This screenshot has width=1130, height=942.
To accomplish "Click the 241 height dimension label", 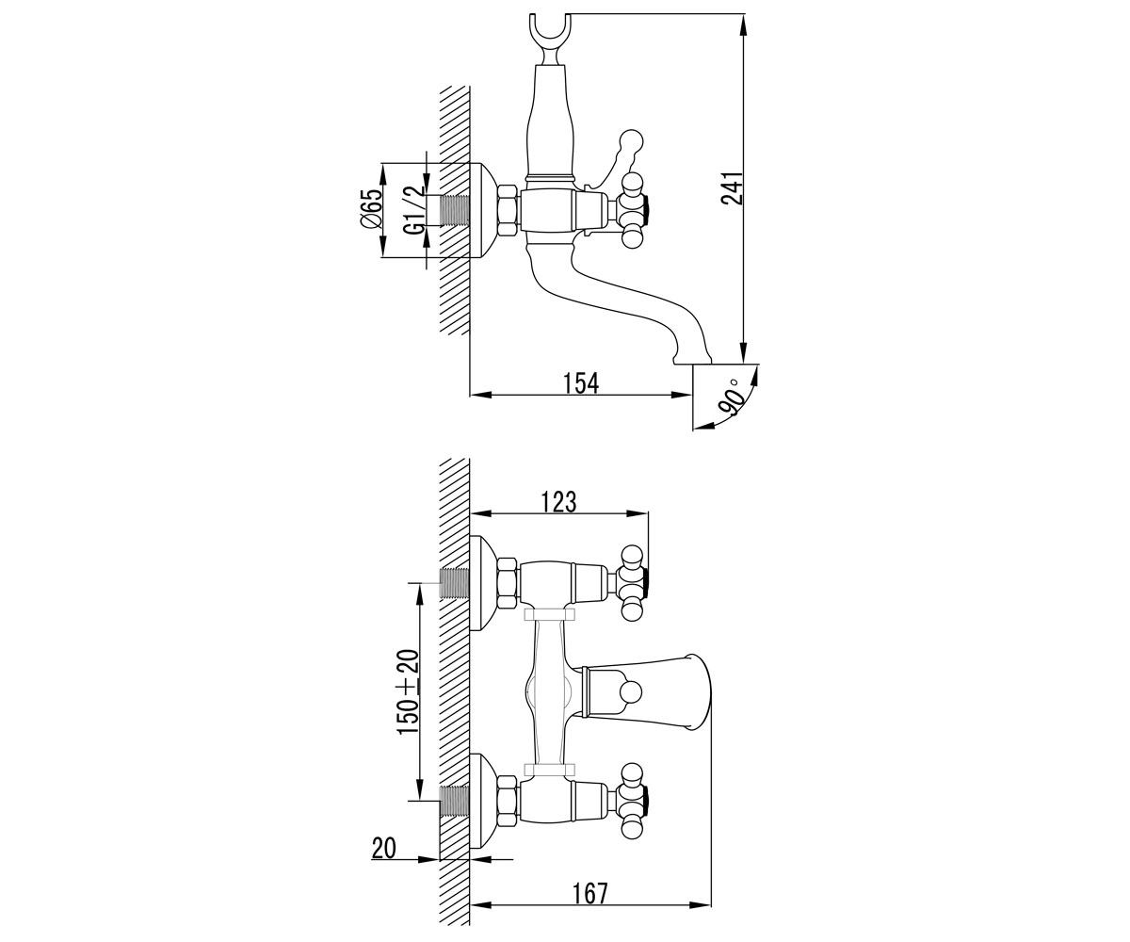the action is tap(731, 188).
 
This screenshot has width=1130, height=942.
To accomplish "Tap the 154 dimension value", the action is tap(581, 383).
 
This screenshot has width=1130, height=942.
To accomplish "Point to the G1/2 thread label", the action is tap(414, 209).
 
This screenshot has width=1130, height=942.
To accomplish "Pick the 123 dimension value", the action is tap(559, 502).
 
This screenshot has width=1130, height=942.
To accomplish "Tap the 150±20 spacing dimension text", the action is tap(408, 691).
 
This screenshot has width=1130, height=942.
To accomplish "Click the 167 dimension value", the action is tap(590, 893).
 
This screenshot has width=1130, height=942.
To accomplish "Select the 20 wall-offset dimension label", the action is tap(383, 849).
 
